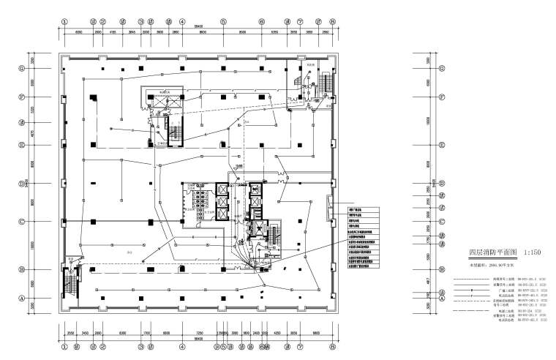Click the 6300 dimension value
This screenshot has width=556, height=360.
(x=123, y=333)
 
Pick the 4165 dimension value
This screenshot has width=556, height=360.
(x=113, y=32)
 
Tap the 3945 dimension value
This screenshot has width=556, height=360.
(x=132, y=32)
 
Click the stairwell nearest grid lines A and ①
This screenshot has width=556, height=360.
(x=72, y=282)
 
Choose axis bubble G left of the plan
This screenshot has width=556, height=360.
(x=22, y=69)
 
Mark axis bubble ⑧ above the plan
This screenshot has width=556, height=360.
(x=332, y=22)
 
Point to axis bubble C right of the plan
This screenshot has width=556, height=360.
(x=442, y=222)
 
